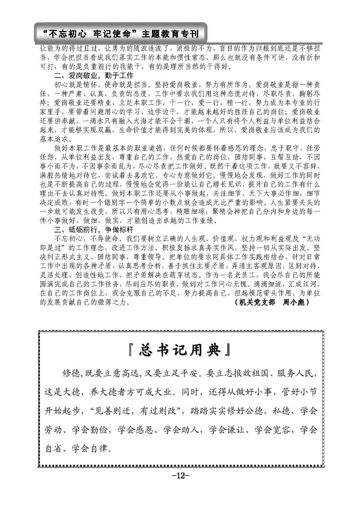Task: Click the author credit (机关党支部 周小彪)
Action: tap(272, 302)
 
